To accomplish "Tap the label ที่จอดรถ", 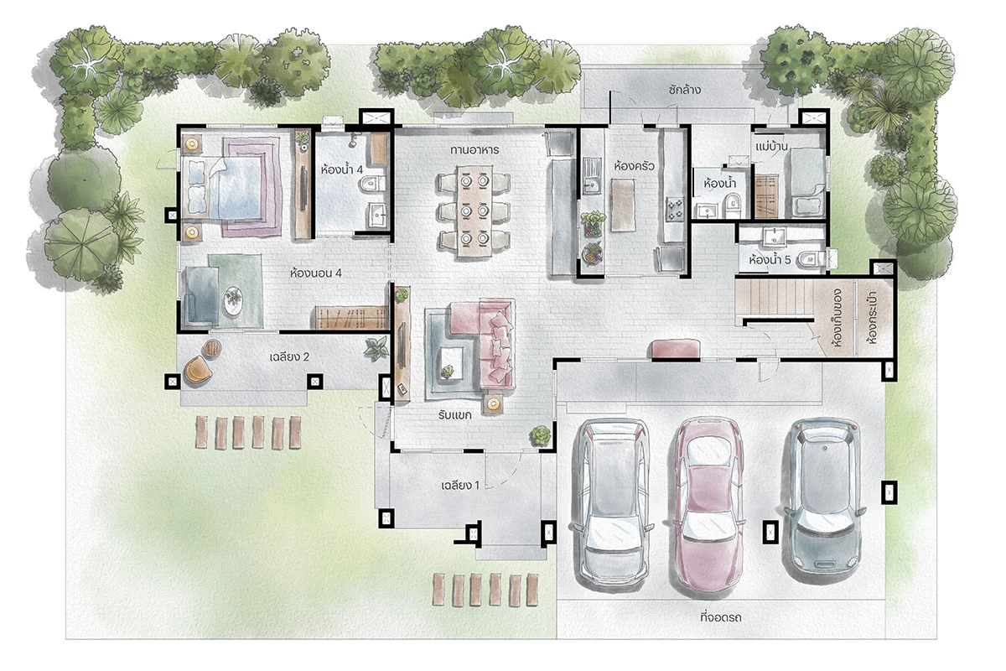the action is point(721,617).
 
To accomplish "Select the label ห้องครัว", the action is point(634,166).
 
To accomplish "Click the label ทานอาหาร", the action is point(474,149).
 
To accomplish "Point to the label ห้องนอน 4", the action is point(316,273).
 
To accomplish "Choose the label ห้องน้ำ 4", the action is point(342,169).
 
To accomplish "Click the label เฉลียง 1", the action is point(460,486).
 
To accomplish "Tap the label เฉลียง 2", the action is point(289,356).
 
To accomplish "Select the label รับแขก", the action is point(454,414).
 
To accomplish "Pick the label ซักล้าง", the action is point(684,90).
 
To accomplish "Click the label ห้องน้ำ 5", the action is point(770,260).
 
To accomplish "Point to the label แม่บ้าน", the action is point(771,147).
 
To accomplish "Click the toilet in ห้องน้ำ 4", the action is point(373,184).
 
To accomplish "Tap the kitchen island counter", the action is point(624,205).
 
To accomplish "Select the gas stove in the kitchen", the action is point(674,210).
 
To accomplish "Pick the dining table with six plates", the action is point(474,211).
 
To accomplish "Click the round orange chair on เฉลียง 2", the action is point(197,369).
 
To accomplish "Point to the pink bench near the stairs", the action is point(674,349).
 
